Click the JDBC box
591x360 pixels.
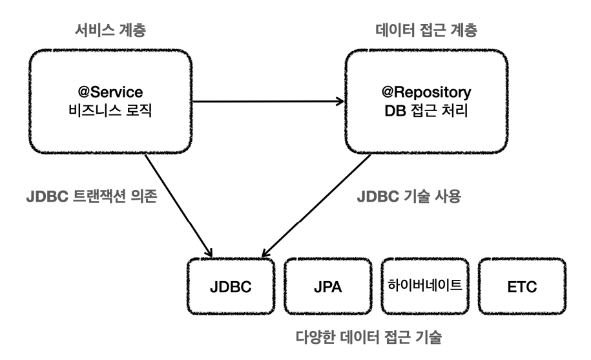pos(231,286)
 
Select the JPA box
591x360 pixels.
pos(328,286)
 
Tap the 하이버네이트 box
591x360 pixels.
pos(425,286)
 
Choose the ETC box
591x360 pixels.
pos(522,286)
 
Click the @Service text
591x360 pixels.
pos(110,92)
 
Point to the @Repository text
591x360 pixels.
pos(426,92)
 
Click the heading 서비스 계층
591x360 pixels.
pos(110,30)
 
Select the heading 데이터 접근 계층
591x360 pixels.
pos(426,30)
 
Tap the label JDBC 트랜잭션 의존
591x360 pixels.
pos(92,196)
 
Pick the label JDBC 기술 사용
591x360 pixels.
pos(409,196)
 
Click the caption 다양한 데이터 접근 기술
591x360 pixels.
pos(369,337)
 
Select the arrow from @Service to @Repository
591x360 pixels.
pos(268,101)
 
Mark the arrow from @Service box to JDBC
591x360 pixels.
pos(179,206)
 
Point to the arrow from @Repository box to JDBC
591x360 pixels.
pos(316,206)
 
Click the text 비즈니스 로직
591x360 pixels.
pos(110,111)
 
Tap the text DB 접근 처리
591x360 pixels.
pos(426,111)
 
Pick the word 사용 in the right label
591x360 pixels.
pos(448,196)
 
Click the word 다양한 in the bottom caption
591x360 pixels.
pos(315,337)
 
